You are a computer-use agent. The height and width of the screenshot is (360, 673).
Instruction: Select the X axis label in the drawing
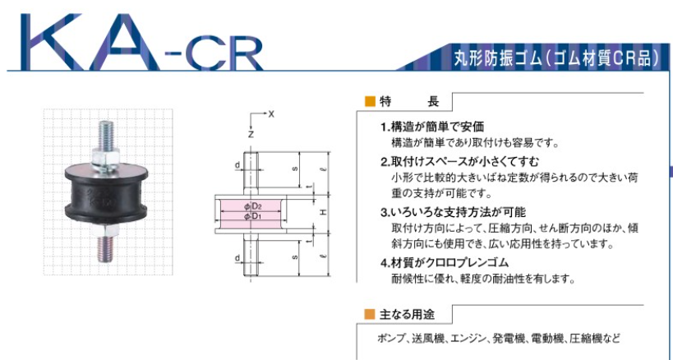click(271, 114)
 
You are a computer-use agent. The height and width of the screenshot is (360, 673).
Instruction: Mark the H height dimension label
click(323, 211)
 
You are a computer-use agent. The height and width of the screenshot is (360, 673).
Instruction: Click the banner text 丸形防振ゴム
click(497, 59)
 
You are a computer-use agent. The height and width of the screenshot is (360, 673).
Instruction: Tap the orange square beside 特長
click(369, 102)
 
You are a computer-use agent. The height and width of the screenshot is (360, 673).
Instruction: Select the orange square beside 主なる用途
click(369, 314)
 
